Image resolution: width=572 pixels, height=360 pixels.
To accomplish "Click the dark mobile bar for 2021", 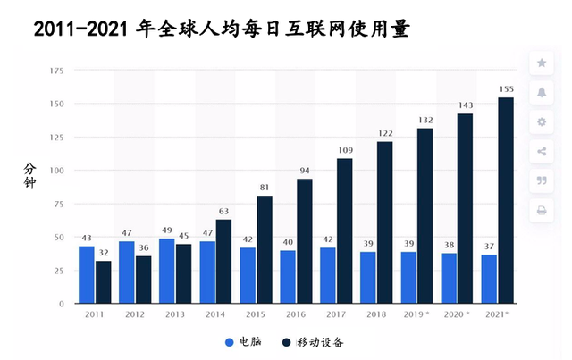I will point(506,201).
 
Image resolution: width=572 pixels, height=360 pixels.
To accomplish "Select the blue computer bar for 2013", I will point(167,271).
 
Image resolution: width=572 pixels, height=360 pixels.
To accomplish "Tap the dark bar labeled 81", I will point(265,249).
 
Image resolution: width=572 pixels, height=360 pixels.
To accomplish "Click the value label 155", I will point(506,89).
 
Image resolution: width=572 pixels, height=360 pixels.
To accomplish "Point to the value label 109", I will point(345,151).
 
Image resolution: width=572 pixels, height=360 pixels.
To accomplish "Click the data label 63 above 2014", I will point(224,212).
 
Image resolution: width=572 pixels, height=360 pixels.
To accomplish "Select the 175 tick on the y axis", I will point(56,71).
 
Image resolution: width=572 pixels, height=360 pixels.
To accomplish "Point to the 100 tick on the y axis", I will point(56,171).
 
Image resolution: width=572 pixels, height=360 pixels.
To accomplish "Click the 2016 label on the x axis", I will point(297,315).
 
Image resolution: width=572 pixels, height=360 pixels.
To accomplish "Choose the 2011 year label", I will point(95,315).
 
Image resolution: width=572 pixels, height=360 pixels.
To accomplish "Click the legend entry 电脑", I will point(243,341).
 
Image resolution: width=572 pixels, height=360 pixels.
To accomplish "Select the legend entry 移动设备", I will point(315,341).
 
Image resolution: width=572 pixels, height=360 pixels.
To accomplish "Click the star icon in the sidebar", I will point(542,63).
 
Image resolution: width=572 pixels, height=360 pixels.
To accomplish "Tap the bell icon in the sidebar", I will point(542,92).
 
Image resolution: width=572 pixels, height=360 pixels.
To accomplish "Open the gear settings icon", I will point(542,121).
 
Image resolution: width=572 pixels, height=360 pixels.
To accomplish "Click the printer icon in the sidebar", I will point(542,211).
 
